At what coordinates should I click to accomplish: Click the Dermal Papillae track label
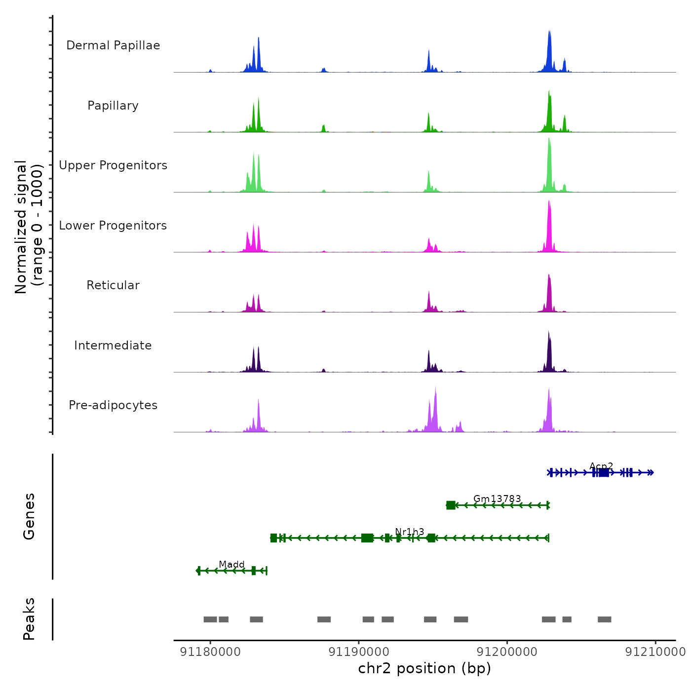click(113, 45)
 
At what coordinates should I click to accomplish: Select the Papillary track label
click(113, 106)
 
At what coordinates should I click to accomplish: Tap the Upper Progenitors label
click(113, 165)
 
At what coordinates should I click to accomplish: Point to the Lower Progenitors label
click(113, 226)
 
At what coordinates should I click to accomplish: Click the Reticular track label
click(113, 285)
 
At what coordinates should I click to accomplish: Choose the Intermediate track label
click(113, 345)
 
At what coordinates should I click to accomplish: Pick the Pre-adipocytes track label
click(113, 405)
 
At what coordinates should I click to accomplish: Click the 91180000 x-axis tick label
click(210, 652)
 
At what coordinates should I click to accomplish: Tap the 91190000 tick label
click(359, 652)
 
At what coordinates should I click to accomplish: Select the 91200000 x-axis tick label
click(507, 652)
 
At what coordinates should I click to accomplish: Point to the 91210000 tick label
click(655, 652)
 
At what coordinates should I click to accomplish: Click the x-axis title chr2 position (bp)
click(424, 669)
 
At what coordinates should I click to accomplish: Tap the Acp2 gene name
click(601, 466)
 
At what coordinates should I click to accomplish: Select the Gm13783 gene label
click(497, 499)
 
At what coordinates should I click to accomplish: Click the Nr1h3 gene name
click(410, 532)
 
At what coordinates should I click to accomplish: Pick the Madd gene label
click(231, 564)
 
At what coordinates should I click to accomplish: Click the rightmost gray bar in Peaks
click(604, 619)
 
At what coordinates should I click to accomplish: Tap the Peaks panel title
click(29, 619)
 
